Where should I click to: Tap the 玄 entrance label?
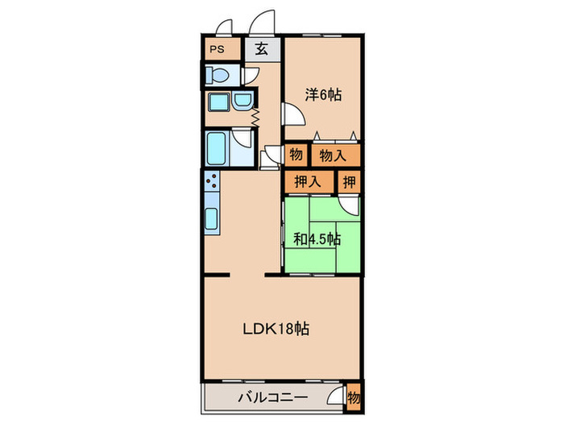[262, 49]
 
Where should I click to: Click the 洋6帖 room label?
[323, 94]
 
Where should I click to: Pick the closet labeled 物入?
[332, 154]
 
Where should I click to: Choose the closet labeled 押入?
[307, 181]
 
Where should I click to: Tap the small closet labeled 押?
[350, 181]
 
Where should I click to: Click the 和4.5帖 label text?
[317, 239]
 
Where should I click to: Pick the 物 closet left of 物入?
[296, 154]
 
